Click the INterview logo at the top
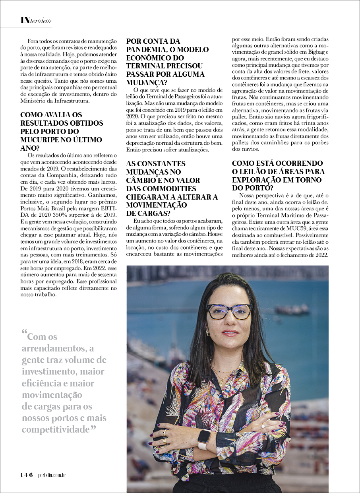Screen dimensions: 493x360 36,20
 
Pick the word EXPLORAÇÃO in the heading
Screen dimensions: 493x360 257,180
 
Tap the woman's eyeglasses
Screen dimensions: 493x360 229,311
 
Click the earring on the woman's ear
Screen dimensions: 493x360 207,333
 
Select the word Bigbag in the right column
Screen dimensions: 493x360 319,52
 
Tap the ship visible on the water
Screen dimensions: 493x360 292,310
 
